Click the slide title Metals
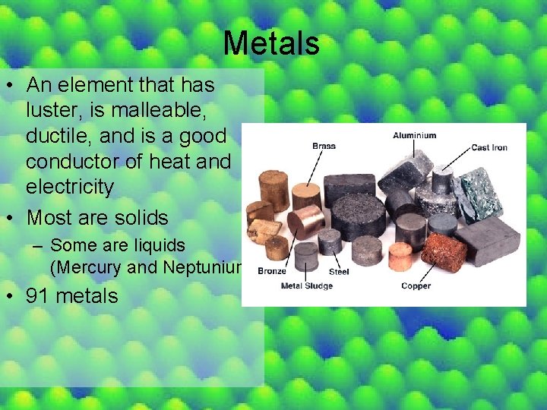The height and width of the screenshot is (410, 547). [x=271, y=43]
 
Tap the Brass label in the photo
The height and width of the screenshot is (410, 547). [x=324, y=146]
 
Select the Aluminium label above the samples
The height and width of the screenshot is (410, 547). [x=414, y=136]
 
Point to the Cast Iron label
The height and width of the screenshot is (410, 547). [x=490, y=147]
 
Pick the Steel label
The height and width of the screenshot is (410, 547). [x=339, y=271]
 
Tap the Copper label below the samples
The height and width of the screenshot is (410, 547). [x=416, y=286]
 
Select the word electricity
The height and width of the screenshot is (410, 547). [x=69, y=186]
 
